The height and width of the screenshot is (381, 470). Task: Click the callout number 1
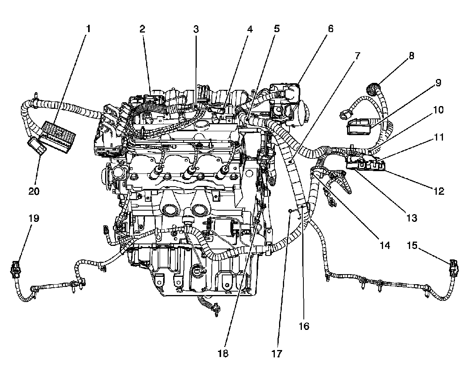[89, 29]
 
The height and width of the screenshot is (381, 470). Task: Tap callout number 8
[411, 56]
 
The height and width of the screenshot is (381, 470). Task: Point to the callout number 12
[438, 191]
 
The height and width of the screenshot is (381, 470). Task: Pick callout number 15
[413, 245]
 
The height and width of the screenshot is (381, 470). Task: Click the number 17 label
[277, 354]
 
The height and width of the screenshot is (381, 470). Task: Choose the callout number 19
[34, 218]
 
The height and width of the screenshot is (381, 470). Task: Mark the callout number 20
[34, 191]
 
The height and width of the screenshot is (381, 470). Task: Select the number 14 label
[385, 245]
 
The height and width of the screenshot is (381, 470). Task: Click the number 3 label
[196, 29]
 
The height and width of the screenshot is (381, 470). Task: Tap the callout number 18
[223, 354]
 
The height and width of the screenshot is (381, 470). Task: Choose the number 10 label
[438, 110]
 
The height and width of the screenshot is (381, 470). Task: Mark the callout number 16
[304, 326]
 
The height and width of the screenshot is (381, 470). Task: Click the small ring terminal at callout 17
[289, 211]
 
